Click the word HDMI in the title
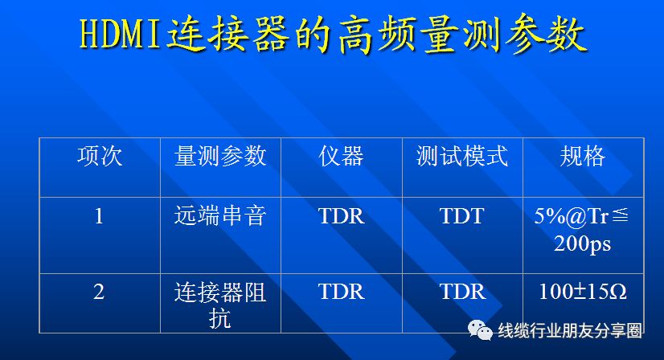[121, 35]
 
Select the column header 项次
[100, 156]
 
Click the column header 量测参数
[220, 156]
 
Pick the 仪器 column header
[342, 156]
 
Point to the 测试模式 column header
[462, 156]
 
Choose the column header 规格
[583, 156]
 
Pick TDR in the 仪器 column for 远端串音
[342, 216]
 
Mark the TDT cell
[462, 216]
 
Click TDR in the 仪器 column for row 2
[342, 292]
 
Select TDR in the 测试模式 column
[463, 292]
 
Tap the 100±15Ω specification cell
[583, 292]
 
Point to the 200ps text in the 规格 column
[583, 244]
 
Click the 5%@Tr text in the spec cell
[572, 216]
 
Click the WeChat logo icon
[480, 330]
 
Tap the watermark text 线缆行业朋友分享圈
[570, 331]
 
